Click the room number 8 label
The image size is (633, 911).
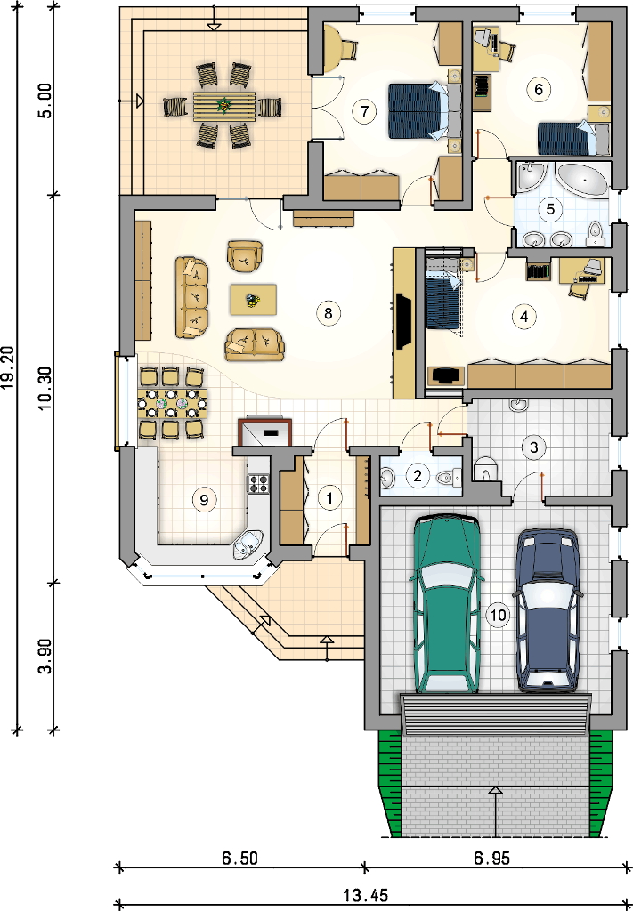click(x=329, y=313)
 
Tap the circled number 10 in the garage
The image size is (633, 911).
click(x=499, y=615)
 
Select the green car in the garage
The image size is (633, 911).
click(x=446, y=604)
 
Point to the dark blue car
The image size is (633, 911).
click(x=548, y=609)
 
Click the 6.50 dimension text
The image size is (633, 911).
click(x=239, y=859)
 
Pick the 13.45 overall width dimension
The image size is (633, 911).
click(x=365, y=895)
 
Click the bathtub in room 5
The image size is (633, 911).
click(x=582, y=180)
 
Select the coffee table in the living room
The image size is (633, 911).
click(x=253, y=300)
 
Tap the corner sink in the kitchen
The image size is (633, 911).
click(x=248, y=544)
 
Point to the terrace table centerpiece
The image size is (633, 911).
click(x=223, y=106)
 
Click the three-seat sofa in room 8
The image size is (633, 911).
click(x=191, y=296)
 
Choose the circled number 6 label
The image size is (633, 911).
click(x=539, y=89)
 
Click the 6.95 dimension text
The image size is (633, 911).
click(x=491, y=859)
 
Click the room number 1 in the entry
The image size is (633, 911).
click(x=329, y=498)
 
